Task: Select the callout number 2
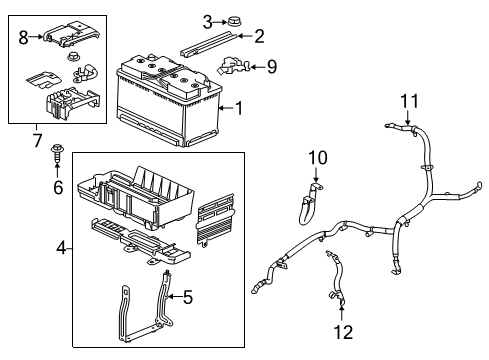click(260, 37)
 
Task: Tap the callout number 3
click(207, 21)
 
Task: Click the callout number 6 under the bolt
click(57, 187)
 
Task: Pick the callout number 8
click(23, 37)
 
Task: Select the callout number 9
click(272, 67)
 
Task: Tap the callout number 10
click(317, 158)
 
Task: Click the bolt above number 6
click(56, 154)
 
